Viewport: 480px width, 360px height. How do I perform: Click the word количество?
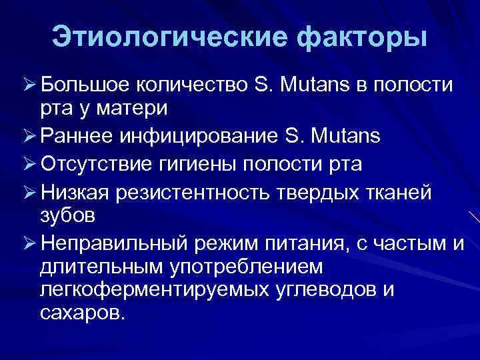tap(193, 85)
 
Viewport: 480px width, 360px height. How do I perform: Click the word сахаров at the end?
tap(81, 313)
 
